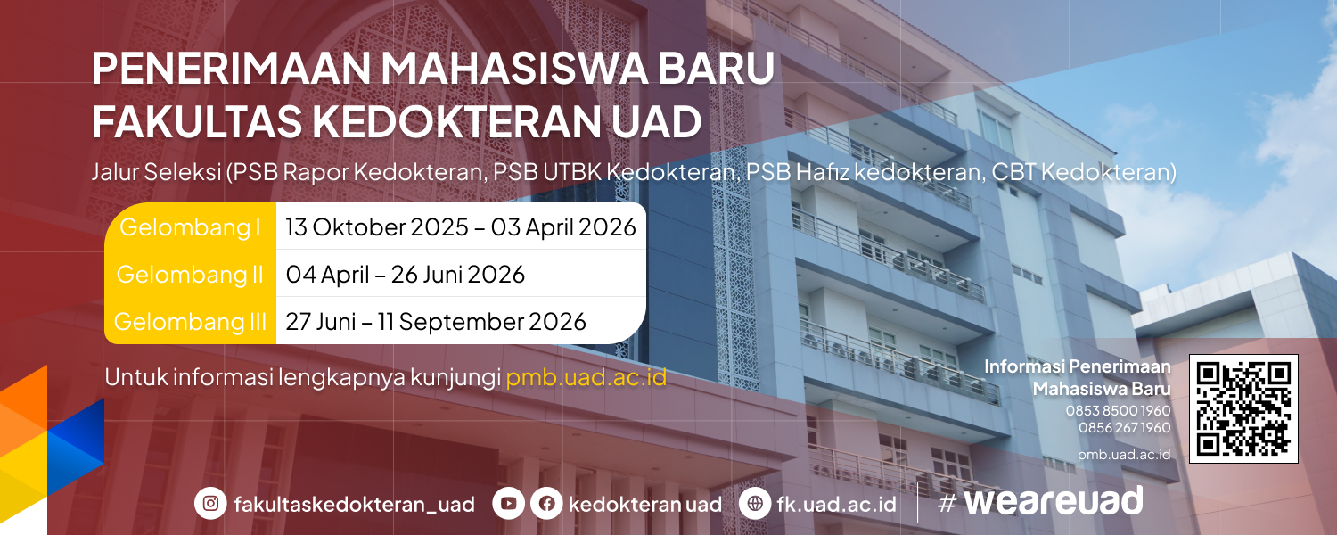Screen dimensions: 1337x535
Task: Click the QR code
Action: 1243,408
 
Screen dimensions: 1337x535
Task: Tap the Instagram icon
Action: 210,503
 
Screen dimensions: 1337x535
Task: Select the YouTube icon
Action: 509,503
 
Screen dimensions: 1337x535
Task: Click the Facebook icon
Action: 546,503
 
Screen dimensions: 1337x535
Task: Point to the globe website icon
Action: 755,503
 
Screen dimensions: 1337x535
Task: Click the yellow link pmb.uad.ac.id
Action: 586,377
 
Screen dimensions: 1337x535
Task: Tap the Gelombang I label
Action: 191,226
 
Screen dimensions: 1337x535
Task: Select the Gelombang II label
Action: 190,275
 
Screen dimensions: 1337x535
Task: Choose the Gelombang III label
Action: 190,322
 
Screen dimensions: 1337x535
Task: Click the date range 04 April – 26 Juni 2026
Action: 406,275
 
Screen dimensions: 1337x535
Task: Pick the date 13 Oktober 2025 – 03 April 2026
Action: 461,226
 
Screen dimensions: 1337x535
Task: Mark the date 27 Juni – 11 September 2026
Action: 436,322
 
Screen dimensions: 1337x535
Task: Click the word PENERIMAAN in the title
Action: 231,68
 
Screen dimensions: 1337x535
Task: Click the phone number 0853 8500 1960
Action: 1118,411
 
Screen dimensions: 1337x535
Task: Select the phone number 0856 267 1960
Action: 1125,427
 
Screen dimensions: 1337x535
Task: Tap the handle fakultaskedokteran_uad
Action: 355,505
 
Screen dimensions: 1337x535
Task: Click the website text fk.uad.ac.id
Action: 836,504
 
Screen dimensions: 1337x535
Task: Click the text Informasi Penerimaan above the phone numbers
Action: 1078,366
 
